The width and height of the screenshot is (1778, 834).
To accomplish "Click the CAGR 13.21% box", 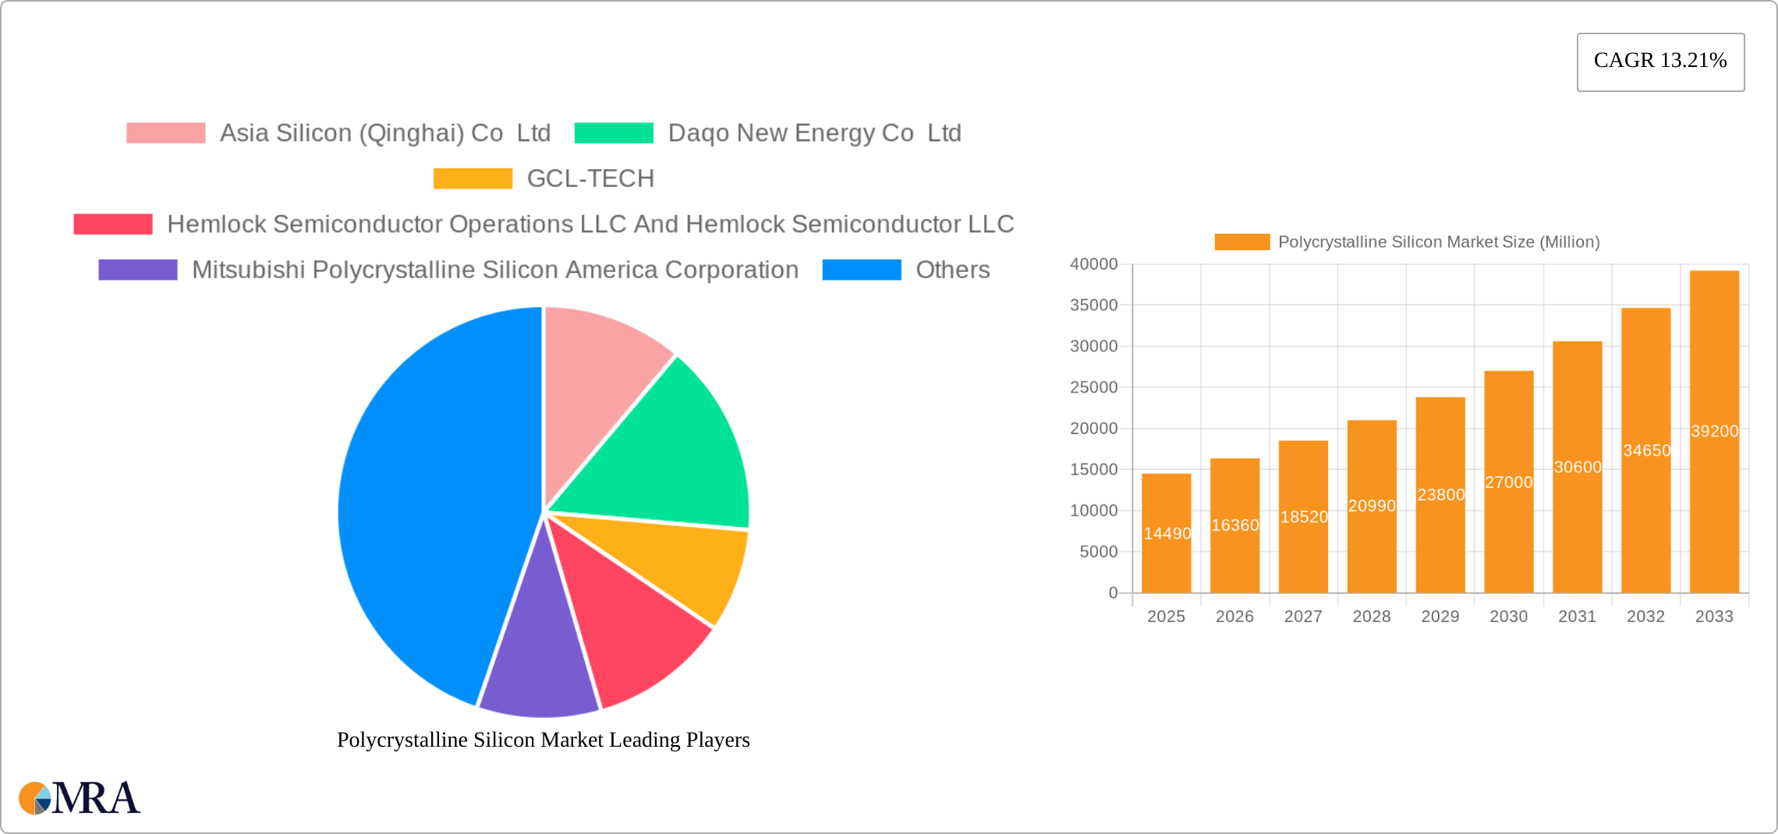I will point(1660,62).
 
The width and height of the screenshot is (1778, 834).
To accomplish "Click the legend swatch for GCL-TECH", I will point(473,178).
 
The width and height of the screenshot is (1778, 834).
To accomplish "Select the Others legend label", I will point(952,270).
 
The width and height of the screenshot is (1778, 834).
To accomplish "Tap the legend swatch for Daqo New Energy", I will point(614,133).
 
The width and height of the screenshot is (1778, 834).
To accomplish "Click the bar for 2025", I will point(1166,546).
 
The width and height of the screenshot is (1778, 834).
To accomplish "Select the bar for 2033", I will point(1714,468).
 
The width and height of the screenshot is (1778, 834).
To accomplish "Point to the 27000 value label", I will point(1508,482).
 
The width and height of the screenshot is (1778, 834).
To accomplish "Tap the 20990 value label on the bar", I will point(1372,506).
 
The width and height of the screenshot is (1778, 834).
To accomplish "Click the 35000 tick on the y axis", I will point(1093,306).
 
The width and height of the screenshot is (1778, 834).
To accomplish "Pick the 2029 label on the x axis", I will point(1440,617).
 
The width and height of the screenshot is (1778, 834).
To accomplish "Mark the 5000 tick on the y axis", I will point(1098,552).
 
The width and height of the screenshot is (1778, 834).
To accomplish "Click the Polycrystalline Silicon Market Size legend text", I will point(1438,242).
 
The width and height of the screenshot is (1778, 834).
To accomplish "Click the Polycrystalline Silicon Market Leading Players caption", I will point(543,740).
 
